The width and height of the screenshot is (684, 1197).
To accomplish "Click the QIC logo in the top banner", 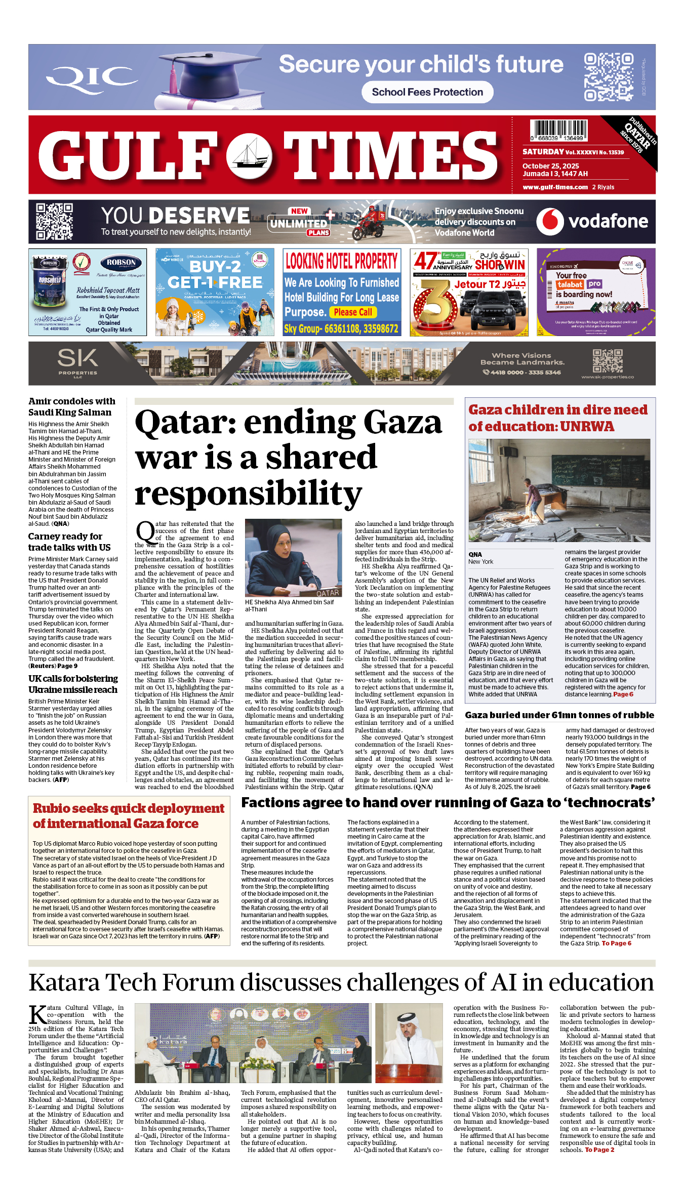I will click(91, 79).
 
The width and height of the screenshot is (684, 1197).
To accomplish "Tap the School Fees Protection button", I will click(427, 92).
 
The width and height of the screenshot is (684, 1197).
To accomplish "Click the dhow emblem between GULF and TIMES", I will click(249, 155).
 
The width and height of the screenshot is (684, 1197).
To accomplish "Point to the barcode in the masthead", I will click(559, 130).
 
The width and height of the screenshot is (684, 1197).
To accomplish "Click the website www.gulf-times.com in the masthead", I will click(555, 187).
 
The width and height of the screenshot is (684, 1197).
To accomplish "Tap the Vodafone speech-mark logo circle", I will click(550, 222).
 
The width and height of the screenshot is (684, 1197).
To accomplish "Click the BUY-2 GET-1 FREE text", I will click(215, 274).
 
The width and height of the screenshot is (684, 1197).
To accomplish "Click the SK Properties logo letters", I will click(77, 359).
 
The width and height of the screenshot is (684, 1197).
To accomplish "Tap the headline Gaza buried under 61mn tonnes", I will click(559, 715).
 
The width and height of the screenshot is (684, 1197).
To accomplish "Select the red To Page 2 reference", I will click(599, 1150).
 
